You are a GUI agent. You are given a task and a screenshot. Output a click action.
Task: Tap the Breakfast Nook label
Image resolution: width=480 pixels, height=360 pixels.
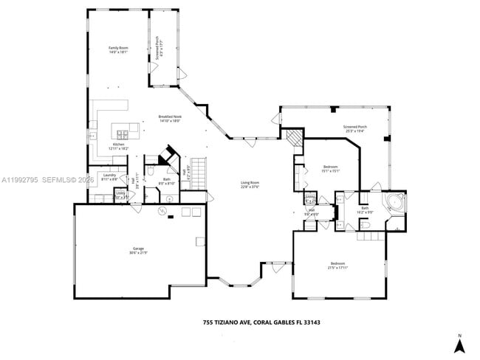click(x=170, y=119)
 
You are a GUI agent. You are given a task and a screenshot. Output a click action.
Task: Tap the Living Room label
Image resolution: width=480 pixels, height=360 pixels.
click(x=250, y=184)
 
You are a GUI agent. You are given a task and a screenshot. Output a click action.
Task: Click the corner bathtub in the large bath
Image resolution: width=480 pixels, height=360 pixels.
click(x=394, y=201)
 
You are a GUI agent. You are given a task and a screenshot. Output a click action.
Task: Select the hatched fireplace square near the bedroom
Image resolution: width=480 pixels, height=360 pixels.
click(x=294, y=138)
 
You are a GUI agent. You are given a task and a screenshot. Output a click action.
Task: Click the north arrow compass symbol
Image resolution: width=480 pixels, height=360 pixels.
click(x=458, y=344)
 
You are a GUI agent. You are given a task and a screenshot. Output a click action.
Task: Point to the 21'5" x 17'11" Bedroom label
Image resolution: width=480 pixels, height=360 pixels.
click(x=338, y=266)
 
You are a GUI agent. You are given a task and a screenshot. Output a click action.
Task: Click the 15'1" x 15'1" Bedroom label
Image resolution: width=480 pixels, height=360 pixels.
click(x=330, y=169)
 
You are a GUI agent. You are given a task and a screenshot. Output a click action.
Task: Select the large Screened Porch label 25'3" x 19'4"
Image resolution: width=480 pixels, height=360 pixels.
click(x=355, y=130)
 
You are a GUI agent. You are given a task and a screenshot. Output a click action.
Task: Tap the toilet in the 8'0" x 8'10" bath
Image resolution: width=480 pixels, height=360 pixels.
click(x=151, y=173)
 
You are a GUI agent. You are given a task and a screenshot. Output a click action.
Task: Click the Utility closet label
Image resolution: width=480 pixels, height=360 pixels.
click(x=120, y=195)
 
